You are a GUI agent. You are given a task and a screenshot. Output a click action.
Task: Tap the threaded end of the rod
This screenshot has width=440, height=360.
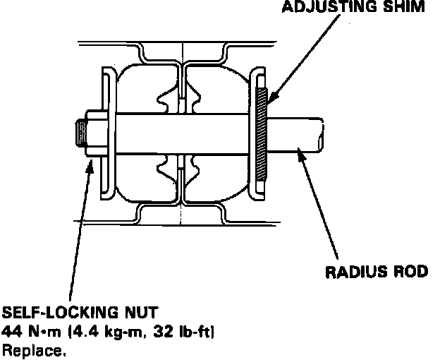(79, 132)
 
